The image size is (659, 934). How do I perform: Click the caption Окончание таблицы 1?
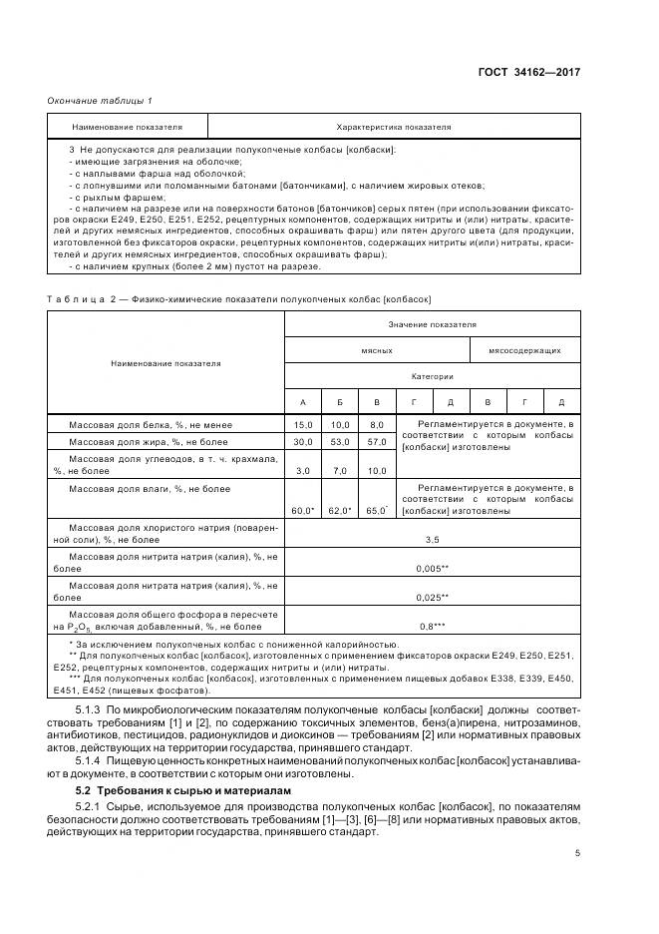tap(100, 101)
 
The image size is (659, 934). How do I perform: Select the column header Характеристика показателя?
tap(394, 128)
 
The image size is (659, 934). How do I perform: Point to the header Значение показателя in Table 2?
tap(432, 324)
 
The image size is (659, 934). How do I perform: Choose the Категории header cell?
tap(432, 376)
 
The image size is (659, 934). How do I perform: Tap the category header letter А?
tap(303, 402)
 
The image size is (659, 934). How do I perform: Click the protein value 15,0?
tap(303, 425)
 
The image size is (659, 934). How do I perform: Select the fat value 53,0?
tap(340, 441)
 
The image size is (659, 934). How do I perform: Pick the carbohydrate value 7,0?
tap(340, 470)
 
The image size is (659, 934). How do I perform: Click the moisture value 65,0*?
tap(377, 511)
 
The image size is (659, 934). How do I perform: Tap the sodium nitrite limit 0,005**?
tap(432, 568)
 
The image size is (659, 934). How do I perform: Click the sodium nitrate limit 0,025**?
tap(432, 597)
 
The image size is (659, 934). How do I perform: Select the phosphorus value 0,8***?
tap(432, 626)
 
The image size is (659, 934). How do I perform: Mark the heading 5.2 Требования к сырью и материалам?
tap(183, 789)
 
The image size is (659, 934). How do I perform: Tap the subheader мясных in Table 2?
tap(377, 350)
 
